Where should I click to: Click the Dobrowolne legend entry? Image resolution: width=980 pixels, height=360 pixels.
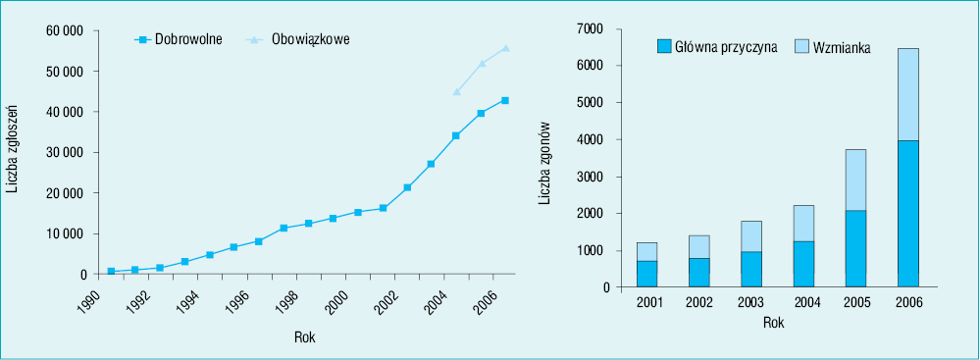tap(179, 39)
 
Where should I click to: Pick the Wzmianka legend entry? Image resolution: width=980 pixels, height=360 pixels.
tap(833, 46)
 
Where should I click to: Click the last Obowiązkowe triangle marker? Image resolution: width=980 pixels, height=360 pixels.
tap(505, 47)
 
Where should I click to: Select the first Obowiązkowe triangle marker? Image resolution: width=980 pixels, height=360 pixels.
tap(456, 91)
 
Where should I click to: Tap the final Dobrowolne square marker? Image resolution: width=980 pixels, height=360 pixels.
tap(505, 101)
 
